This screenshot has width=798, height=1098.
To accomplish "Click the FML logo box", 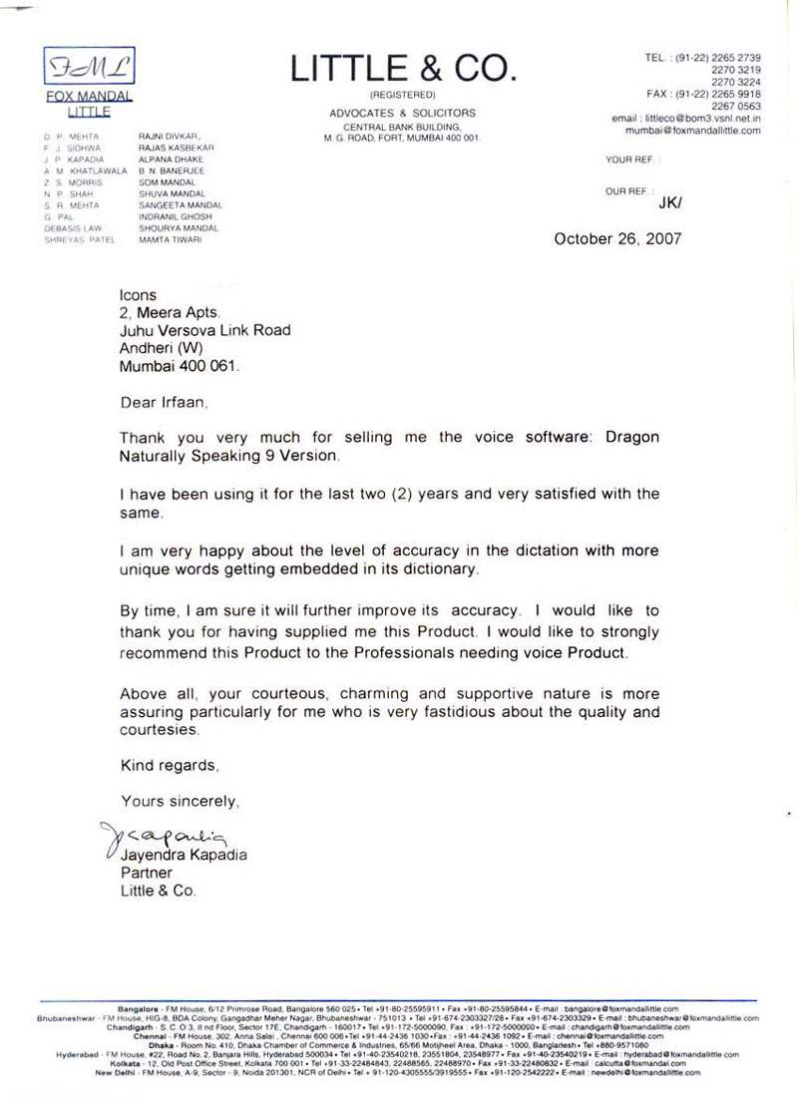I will (89, 67).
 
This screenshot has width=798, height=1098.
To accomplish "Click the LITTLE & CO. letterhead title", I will (403, 68).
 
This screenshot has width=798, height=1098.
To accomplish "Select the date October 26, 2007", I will (617, 238).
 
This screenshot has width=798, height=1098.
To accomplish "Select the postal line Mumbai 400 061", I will (180, 366).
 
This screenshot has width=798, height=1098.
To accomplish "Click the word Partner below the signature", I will (145, 873).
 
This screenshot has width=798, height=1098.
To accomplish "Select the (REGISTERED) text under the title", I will (402, 94).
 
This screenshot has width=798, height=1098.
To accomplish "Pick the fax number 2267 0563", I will (735, 106).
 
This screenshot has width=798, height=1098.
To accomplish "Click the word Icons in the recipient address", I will (138, 295).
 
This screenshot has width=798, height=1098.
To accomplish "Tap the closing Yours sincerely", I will (180, 801).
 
